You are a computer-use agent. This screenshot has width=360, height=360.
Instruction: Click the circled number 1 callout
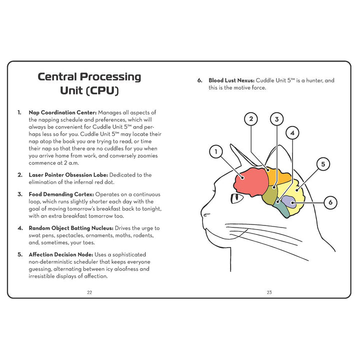coord(215,151)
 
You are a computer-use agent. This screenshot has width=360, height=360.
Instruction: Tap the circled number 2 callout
coord(251,119)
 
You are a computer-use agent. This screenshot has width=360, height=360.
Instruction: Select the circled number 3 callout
coord(276,119)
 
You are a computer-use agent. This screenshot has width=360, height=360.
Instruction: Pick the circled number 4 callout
coord(292,132)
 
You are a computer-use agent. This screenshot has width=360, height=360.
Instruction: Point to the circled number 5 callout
coord(323,164)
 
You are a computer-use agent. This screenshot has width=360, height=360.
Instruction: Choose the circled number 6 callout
coord(330,202)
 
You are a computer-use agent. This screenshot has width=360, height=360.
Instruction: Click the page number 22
coord(89,292)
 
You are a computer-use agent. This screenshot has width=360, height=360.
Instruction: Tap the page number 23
coord(269,292)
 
